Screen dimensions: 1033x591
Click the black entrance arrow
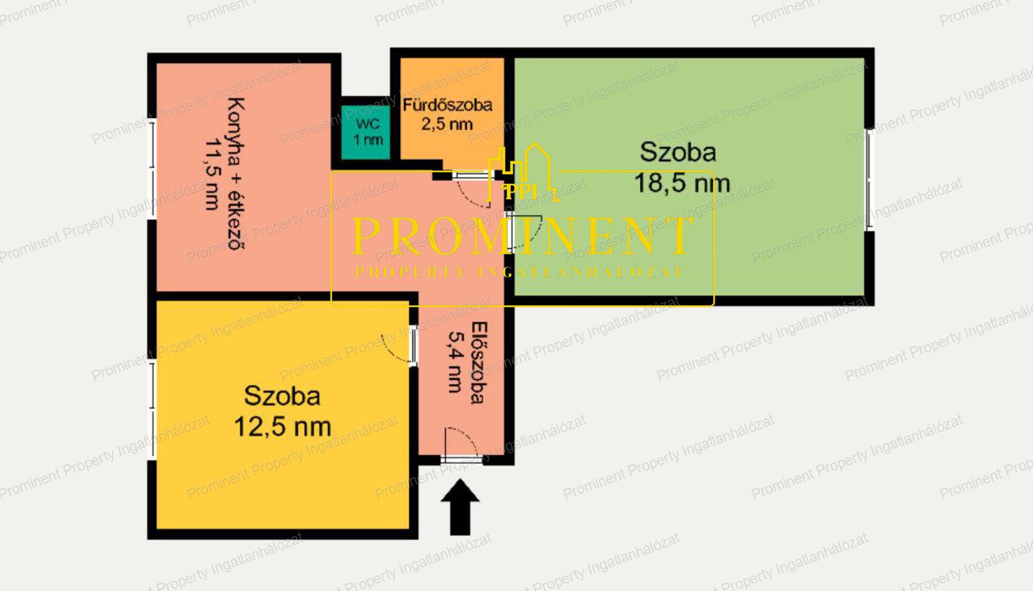tap(460, 507)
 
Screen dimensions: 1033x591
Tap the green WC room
tap(366, 132)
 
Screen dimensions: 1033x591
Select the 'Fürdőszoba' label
tap(448, 104)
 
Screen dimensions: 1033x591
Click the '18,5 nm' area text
tap(682, 183)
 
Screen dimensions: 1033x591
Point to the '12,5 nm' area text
tap(282, 427)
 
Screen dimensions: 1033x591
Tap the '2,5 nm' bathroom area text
tap(447, 124)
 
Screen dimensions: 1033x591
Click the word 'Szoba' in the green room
tap(678, 152)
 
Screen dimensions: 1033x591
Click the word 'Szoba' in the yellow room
tap(282, 396)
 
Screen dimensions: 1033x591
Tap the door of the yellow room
tap(413, 345)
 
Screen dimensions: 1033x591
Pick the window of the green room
tap(868, 180)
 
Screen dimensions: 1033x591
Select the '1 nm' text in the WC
tap(368, 140)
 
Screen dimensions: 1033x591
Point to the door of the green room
tap(509, 232)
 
